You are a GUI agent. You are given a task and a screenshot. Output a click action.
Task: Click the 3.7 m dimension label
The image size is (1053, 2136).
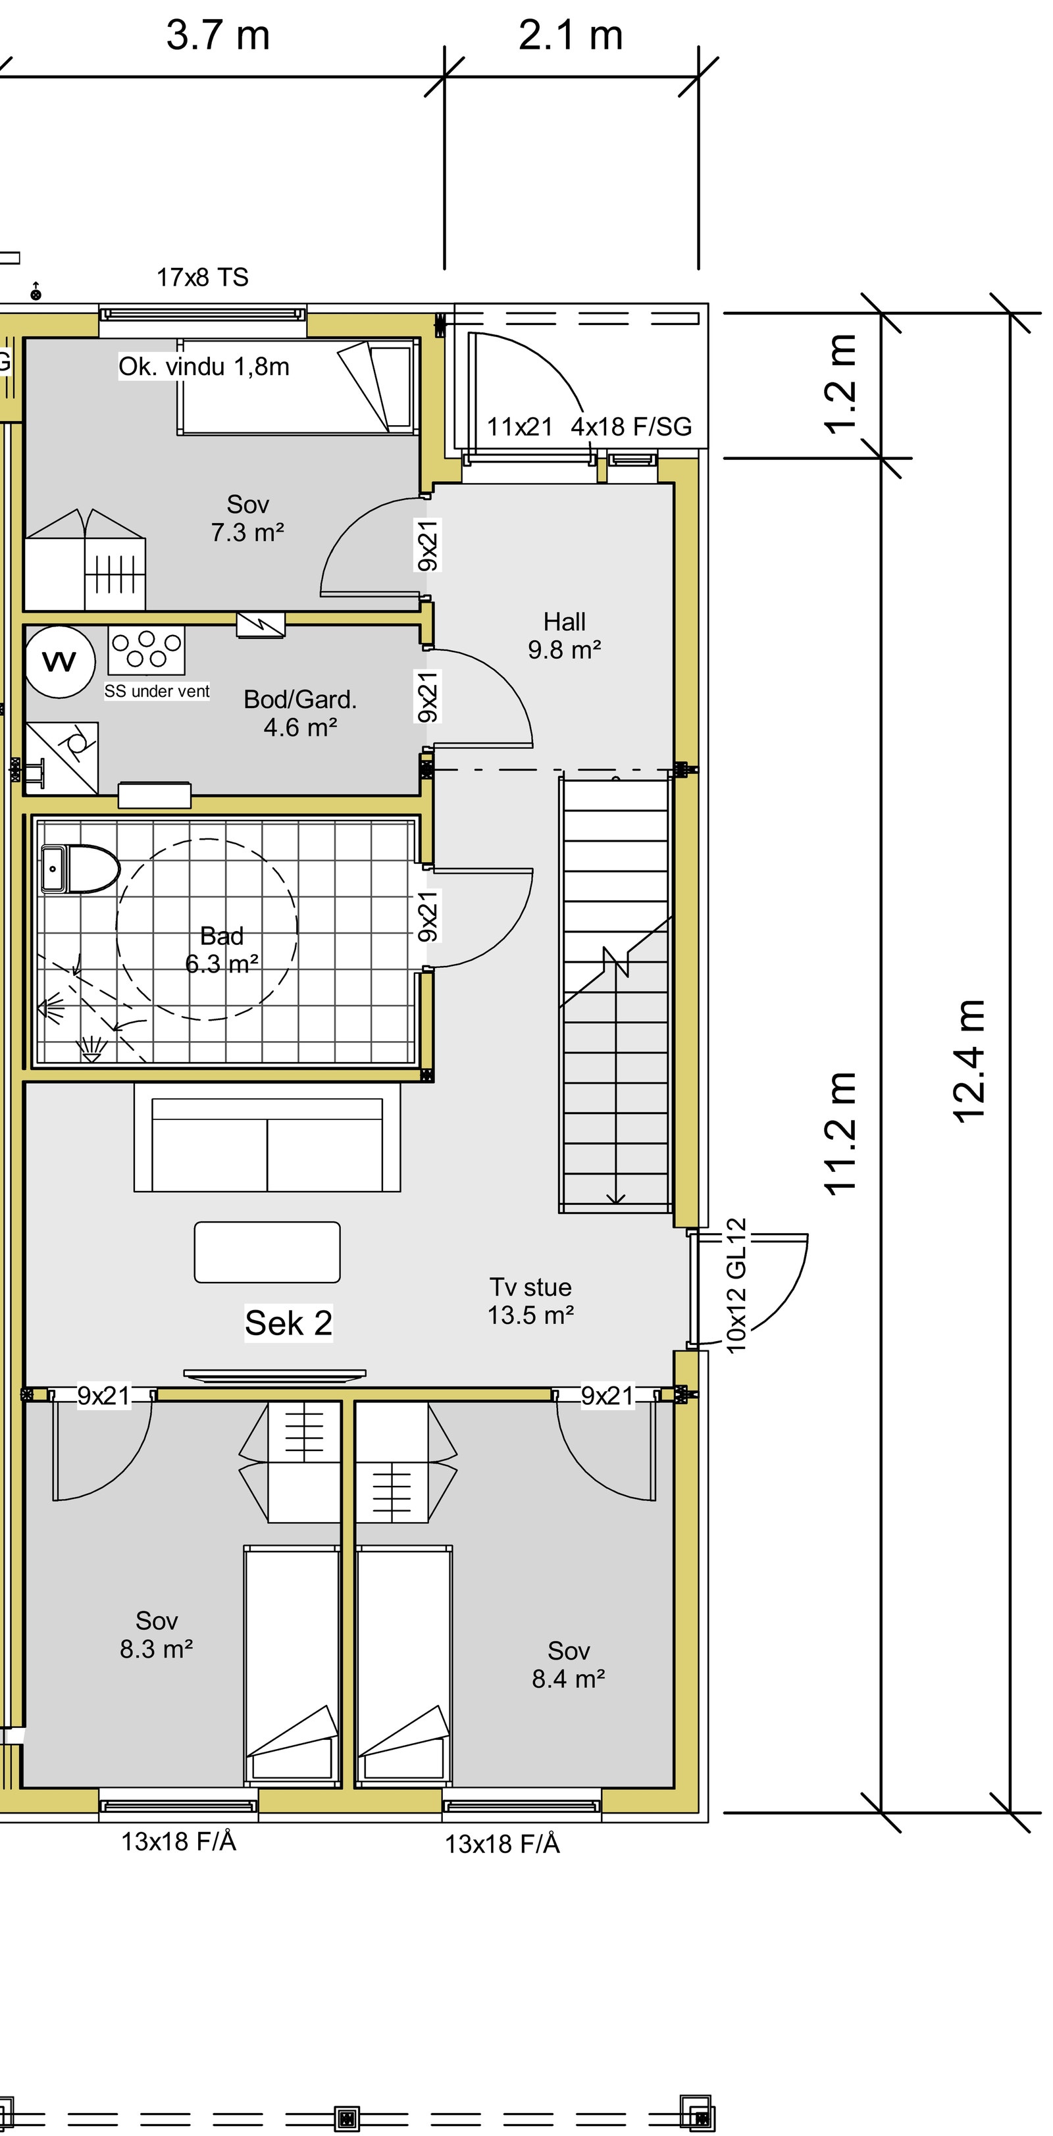click(x=218, y=36)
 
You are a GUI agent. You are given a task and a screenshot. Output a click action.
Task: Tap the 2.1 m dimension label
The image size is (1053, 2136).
click(x=571, y=36)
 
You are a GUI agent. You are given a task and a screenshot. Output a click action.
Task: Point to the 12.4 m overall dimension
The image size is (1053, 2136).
click(x=968, y=1061)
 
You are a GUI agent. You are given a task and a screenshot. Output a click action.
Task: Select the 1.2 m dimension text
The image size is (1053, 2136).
click(x=840, y=385)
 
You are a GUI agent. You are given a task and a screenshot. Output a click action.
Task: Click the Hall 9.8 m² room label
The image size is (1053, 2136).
click(x=564, y=636)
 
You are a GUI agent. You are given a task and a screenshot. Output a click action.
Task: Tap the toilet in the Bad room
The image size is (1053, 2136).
click(x=80, y=868)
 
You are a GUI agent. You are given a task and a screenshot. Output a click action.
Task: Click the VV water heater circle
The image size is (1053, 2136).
click(x=59, y=662)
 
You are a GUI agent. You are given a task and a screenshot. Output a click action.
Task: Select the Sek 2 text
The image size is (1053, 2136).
click(x=288, y=1323)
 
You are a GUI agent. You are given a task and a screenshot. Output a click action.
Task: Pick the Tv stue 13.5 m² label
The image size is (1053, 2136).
click(x=530, y=1300)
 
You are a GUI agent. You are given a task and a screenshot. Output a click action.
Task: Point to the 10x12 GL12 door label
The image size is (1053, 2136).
click(x=736, y=1285)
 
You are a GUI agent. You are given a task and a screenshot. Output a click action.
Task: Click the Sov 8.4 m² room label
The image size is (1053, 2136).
click(x=568, y=1664)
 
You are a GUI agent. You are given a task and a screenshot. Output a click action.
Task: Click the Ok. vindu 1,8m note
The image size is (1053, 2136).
click(x=204, y=367)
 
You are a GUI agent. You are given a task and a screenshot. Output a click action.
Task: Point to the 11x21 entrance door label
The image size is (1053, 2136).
click(x=519, y=427)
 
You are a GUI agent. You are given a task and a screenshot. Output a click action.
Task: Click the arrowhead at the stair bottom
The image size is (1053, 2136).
click(x=615, y=1198)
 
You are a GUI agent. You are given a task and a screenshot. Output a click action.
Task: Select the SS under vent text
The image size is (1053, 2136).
click(x=157, y=692)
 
